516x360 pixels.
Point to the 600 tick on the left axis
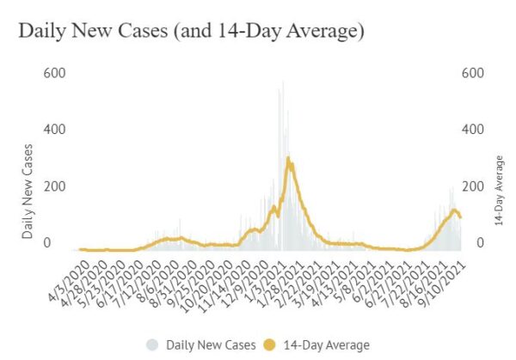point(53,73)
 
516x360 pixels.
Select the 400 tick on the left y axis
point(53,130)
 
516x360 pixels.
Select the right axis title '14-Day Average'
point(500,191)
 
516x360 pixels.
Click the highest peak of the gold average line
point(288,158)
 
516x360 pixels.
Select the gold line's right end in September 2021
point(460,217)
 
